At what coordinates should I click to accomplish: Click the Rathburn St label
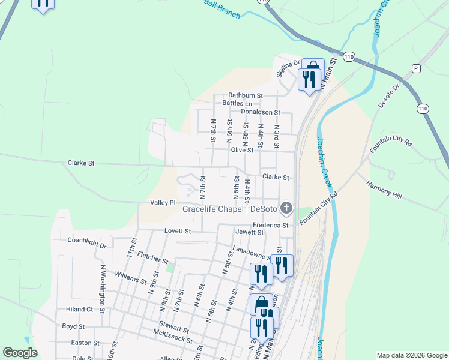[x=246, y=95]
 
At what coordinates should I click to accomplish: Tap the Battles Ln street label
[x=237, y=103]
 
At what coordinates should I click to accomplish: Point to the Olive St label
[x=243, y=151]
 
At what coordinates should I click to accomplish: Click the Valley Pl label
[x=163, y=203]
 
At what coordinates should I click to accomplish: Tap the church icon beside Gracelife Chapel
[x=287, y=209]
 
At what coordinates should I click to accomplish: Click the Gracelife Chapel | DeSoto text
[x=230, y=209]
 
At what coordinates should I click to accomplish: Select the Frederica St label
[x=270, y=225]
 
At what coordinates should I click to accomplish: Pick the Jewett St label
[x=250, y=232]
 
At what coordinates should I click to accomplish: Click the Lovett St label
[x=178, y=230]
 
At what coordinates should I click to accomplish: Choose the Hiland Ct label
[x=79, y=310]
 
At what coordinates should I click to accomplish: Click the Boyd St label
[x=73, y=326]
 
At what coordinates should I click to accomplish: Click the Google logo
[x=20, y=353]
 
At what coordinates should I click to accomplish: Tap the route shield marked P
[x=416, y=69]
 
